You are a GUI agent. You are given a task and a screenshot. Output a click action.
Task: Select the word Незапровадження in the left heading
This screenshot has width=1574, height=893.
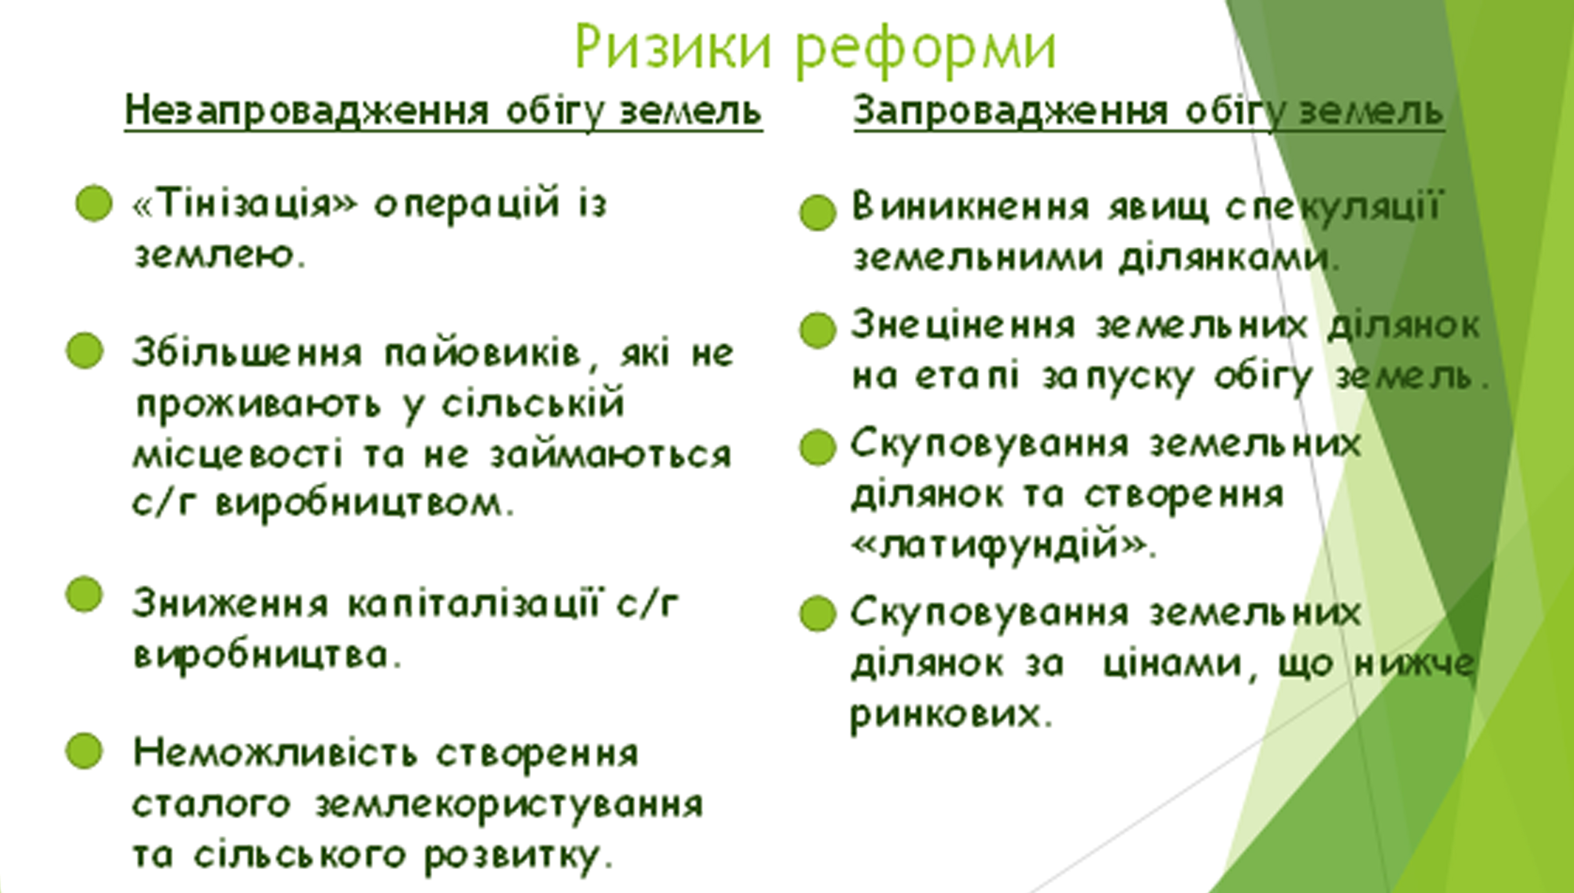(307, 111)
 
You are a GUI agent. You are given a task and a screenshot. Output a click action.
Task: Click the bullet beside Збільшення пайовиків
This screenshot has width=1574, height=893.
(85, 351)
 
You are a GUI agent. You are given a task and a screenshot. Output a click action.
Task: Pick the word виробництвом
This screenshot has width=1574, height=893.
(366, 504)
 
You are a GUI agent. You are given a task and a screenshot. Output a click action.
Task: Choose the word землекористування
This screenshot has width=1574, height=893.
(509, 805)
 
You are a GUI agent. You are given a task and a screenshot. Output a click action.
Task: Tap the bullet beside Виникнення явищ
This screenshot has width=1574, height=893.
(818, 212)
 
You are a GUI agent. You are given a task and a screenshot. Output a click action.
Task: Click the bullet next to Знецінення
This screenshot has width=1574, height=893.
(818, 330)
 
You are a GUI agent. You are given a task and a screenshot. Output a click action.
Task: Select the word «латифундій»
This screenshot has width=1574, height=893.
(1004, 544)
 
